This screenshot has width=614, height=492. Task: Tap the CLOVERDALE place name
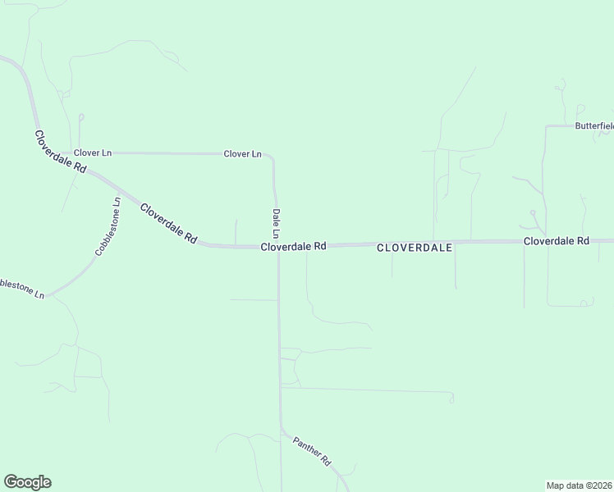(415, 246)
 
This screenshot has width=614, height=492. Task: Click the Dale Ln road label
(277, 224)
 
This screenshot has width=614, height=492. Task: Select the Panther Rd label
(311, 451)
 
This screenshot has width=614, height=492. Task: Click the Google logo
(27, 482)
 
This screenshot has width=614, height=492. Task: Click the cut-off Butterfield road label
(593, 126)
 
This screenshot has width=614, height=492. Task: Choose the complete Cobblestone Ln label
(108, 226)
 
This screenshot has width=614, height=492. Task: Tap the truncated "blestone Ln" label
(22, 288)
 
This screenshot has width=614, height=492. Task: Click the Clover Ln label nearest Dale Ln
(242, 153)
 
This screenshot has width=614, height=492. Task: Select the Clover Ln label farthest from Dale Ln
(92, 153)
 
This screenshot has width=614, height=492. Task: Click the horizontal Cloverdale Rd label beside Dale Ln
(294, 246)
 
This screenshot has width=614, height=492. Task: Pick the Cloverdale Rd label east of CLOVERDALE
(557, 241)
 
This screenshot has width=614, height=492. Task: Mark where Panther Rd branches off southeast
(281, 427)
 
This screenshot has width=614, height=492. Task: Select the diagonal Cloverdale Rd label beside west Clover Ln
(60, 150)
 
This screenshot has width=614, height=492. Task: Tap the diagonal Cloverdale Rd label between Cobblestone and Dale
(168, 222)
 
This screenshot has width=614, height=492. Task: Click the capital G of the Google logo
(11, 481)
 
